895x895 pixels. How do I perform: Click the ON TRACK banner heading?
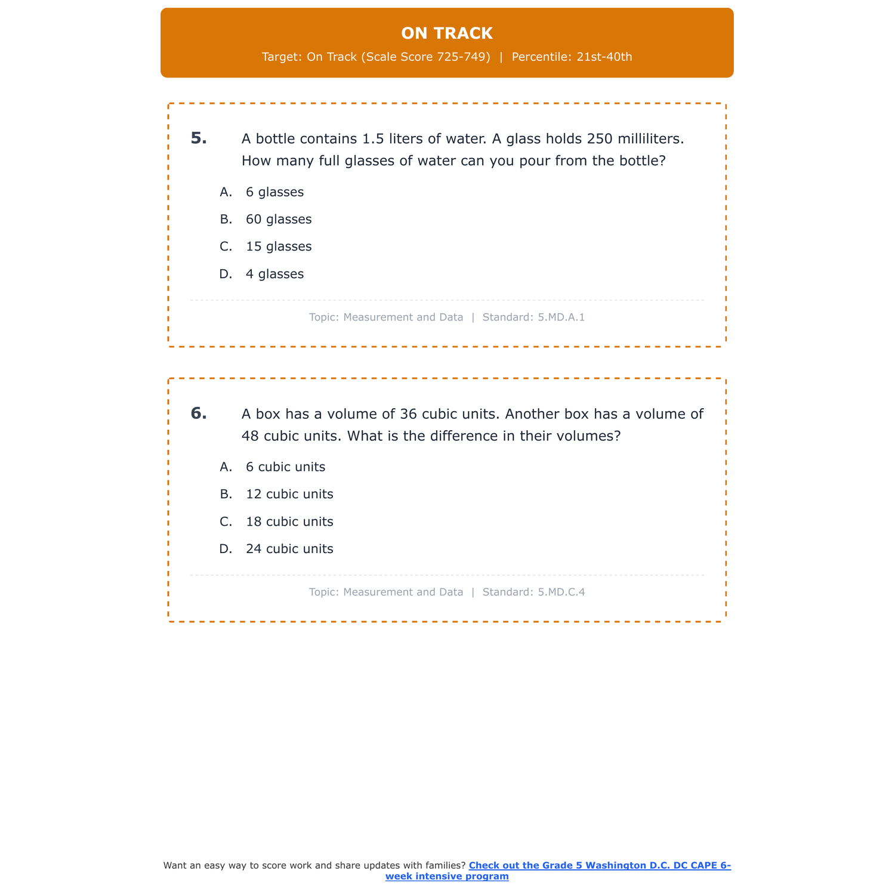point(447,33)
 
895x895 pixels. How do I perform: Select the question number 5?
point(199,138)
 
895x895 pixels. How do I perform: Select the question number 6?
point(199,413)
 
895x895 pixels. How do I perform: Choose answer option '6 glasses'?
point(274,192)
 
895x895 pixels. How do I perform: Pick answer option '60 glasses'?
point(279,220)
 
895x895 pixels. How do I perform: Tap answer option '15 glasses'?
point(279,247)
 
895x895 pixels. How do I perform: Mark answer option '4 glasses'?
point(274,274)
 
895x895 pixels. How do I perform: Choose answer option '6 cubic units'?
point(285,467)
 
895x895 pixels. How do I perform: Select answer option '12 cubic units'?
point(289,495)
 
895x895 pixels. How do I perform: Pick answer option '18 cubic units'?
point(289,522)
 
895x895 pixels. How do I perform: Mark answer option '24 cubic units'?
point(289,550)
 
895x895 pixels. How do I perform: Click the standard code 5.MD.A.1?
point(561,317)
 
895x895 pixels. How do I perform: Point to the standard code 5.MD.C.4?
point(561,592)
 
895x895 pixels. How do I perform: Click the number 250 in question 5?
point(600,139)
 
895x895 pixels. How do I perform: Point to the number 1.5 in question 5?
point(374,139)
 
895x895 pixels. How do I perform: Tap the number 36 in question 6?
point(409,414)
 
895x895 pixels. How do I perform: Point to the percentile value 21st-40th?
point(604,57)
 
